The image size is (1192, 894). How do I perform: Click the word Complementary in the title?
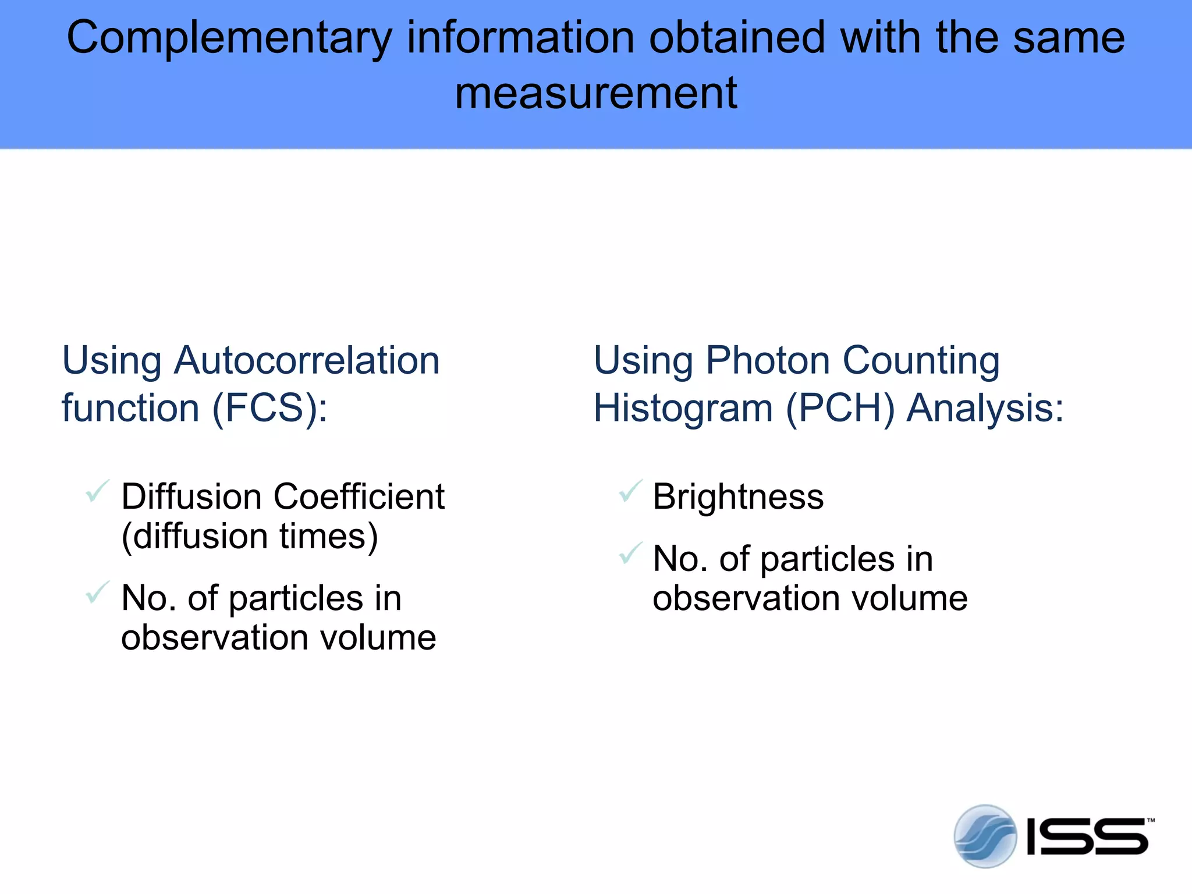[229, 38]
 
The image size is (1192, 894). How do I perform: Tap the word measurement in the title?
[596, 93]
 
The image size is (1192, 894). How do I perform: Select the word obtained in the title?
[737, 37]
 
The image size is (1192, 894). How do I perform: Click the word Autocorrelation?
[307, 360]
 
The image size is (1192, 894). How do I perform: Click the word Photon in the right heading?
[768, 360]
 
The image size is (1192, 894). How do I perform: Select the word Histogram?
[683, 409]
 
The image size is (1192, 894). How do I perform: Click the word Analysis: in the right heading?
[985, 409]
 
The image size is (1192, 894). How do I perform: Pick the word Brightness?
[738, 497]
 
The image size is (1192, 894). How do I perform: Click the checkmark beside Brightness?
[630, 491]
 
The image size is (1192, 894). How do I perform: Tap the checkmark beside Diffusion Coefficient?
[97, 491]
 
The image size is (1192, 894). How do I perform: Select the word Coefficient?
[359, 497]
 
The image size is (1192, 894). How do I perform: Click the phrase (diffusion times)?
[250, 536]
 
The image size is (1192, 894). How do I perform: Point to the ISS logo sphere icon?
[985, 836]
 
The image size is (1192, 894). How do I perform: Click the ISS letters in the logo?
[1087, 837]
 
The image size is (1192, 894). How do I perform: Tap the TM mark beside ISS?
[1150, 821]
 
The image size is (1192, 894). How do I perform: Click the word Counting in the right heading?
[921, 360]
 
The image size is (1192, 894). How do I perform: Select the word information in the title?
[520, 37]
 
